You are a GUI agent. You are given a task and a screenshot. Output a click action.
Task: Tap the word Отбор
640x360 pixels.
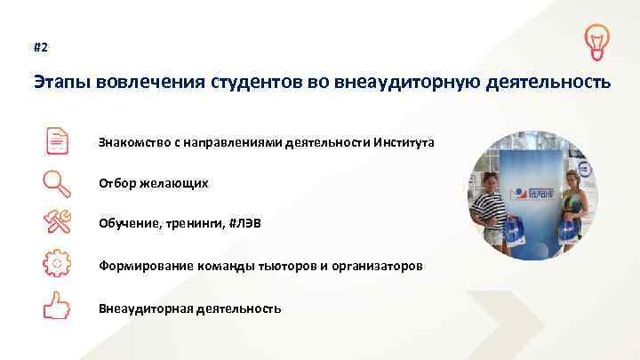[x=118, y=183]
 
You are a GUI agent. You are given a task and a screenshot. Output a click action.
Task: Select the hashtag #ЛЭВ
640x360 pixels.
[x=245, y=225]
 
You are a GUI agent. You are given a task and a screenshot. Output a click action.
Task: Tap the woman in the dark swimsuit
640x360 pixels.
[x=571, y=213]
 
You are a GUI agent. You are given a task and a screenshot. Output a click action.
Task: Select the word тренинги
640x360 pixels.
[x=192, y=225]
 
